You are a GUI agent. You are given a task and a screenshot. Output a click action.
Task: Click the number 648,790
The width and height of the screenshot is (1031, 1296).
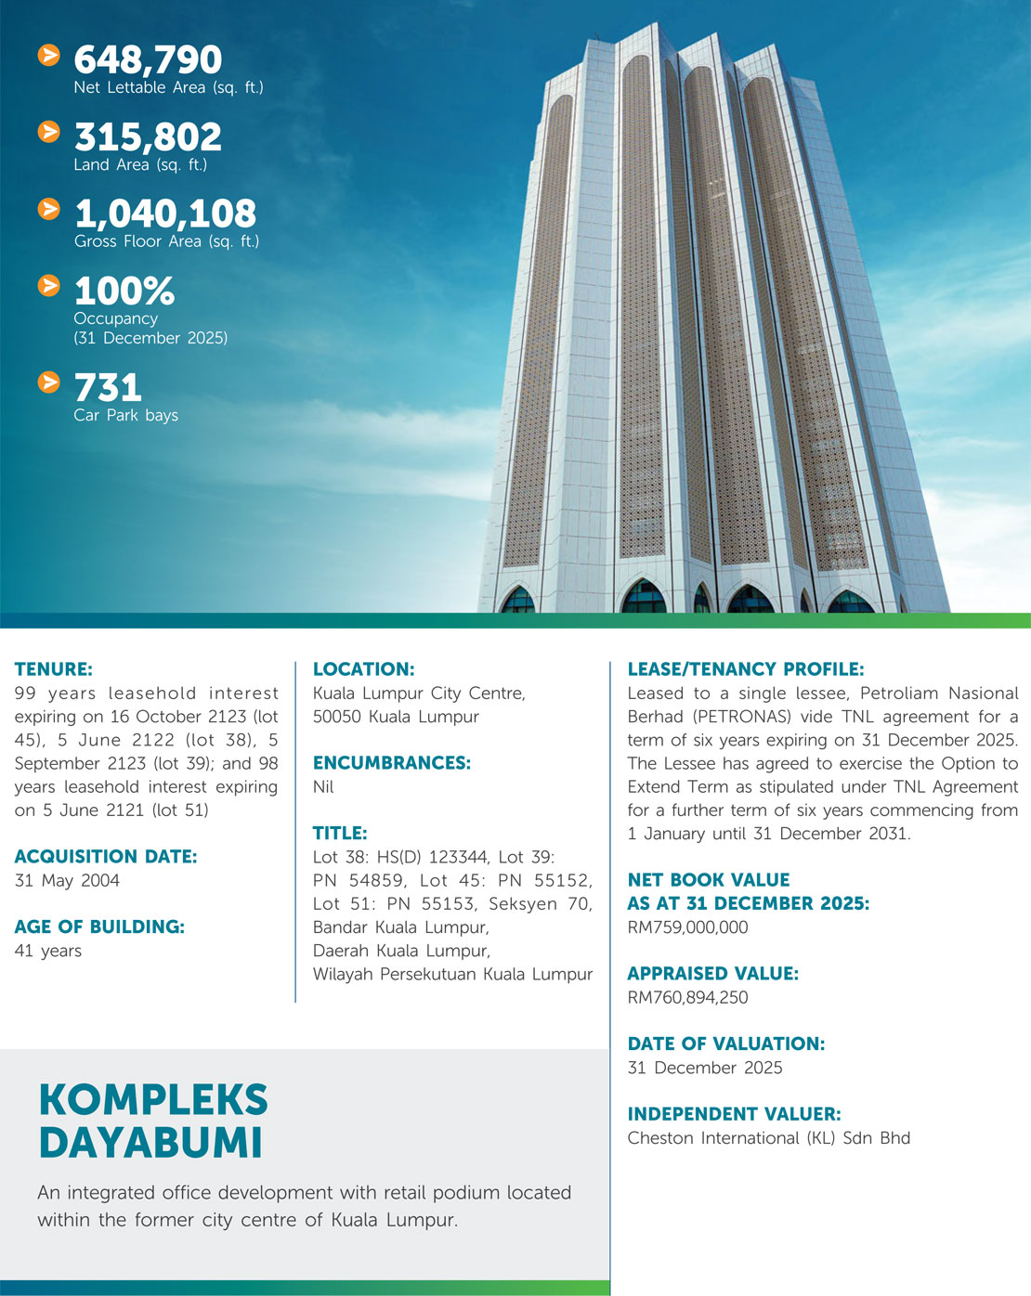[x=148, y=60]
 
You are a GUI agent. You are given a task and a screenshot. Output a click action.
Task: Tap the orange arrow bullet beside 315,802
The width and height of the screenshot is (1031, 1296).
[x=49, y=133]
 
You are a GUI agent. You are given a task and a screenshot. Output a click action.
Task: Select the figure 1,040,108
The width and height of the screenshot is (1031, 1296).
[x=165, y=214]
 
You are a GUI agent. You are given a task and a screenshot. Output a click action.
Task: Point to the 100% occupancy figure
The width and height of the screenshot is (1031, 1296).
[x=124, y=292]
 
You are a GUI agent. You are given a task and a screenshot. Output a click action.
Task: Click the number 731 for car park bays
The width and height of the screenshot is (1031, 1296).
[x=108, y=387]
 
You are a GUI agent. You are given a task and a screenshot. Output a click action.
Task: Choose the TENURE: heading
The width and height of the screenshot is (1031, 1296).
[x=54, y=669]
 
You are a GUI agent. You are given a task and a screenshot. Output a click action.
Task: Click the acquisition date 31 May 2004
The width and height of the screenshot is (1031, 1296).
[x=67, y=880]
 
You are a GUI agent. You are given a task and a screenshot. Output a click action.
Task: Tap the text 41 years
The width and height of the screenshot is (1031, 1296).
[x=48, y=951]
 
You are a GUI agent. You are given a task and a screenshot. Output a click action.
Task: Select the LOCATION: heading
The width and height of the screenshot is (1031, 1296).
[x=363, y=669]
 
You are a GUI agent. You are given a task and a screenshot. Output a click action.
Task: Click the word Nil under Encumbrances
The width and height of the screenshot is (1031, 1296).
[x=323, y=786]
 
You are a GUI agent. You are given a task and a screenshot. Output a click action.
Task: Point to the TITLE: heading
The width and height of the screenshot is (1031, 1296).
[x=340, y=834]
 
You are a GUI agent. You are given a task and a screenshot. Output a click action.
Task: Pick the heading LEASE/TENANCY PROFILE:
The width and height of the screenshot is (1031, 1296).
[x=746, y=669]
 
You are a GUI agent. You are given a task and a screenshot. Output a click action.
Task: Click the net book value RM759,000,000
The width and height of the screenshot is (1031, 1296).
[x=687, y=927]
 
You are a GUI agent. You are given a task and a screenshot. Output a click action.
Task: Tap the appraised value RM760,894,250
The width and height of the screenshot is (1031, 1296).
[x=687, y=998]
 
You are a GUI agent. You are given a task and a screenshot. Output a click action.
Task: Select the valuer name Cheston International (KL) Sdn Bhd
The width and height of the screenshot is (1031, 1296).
[x=768, y=1138]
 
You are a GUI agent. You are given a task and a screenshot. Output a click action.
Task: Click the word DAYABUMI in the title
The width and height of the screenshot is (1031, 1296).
[x=150, y=1143]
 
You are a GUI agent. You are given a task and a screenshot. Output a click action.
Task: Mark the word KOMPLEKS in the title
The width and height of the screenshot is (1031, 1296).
[x=153, y=1100]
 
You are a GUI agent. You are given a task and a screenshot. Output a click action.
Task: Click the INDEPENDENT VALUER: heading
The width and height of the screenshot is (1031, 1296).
[x=734, y=1114]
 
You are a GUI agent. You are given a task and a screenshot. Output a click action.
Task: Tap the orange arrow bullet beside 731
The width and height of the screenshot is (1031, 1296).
[x=49, y=382]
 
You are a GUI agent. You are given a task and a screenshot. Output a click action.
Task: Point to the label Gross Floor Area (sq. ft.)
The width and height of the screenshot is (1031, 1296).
[x=166, y=241]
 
